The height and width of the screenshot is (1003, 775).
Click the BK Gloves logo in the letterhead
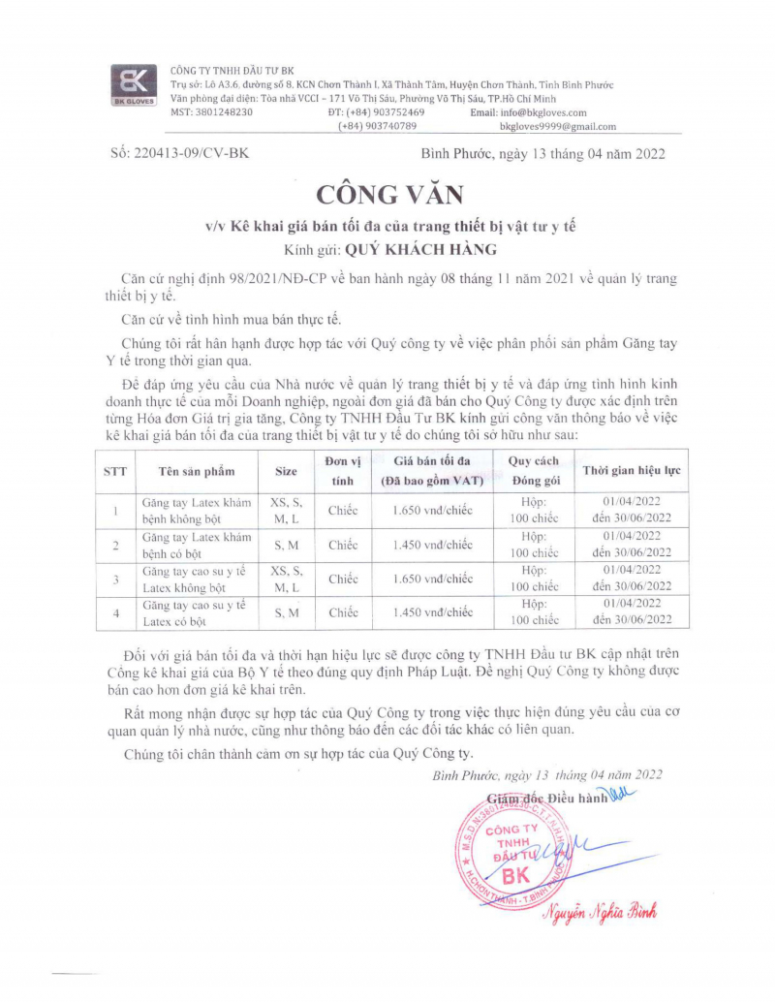click(131, 85)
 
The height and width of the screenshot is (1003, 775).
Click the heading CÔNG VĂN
click(387, 194)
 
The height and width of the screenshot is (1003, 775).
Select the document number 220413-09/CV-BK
click(179, 153)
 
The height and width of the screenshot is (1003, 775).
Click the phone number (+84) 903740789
click(377, 126)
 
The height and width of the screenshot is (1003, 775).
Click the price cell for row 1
click(432, 511)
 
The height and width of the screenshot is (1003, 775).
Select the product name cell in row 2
click(195, 545)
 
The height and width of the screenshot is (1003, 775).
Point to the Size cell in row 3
click(286, 579)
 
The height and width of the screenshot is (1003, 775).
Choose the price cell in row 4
click(432, 611)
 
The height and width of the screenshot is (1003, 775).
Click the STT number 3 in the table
click(115, 579)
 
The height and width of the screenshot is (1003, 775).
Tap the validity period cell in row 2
click(631, 545)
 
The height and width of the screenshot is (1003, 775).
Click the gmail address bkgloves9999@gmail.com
click(557, 126)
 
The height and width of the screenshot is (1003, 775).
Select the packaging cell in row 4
click(534, 611)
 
